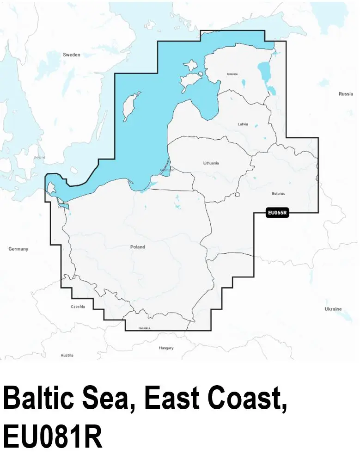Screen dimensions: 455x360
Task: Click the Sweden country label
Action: click(72, 55)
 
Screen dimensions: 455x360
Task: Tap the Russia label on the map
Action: click(346, 94)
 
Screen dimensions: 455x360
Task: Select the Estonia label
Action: click(232, 74)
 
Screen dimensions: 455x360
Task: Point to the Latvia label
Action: click(243, 124)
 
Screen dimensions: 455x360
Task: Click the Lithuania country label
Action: click(211, 163)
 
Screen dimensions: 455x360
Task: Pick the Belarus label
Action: click(279, 193)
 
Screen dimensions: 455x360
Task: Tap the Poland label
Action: click(138, 247)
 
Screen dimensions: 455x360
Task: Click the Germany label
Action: click(18, 249)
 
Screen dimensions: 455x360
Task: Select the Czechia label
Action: click(78, 307)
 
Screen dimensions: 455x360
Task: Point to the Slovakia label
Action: click(144, 328)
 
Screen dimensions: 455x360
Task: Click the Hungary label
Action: click(166, 348)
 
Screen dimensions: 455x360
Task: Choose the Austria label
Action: click(67, 355)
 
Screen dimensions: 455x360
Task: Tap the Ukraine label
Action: click(333, 309)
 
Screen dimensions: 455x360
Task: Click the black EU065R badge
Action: click(277, 213)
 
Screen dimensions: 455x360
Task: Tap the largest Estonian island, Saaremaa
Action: click(189, 82)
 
